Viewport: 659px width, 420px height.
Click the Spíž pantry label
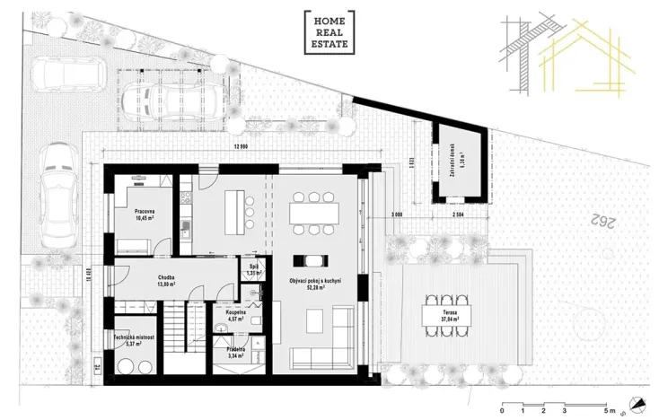click(x=253, y=268)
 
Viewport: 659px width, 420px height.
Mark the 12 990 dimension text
click(x=240, y=146)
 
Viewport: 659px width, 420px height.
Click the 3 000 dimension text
click(x=396, y=215)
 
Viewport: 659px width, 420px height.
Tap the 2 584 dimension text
click(x=457, y=215)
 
